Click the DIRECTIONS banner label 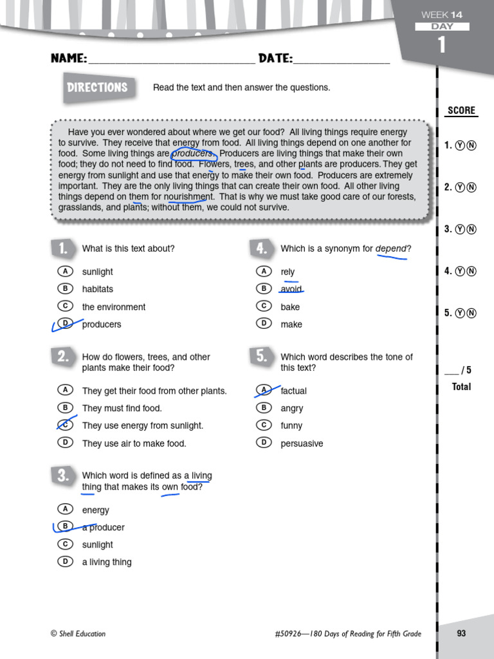pos(98,88)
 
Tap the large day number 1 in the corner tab pos(441,45)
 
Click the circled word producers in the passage pos(192,154)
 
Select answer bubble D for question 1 pos(64,323)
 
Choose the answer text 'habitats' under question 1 pos(97,290)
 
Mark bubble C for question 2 pos(64,425)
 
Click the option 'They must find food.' pos(122,408)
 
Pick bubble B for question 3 pos(64,526)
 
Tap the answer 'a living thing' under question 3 pos(106,562)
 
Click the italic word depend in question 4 pos(390,249)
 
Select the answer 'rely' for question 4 pos(288,272)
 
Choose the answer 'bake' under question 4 pos(290,307)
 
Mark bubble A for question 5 pos(263,389)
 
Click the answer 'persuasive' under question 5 pos(302,443)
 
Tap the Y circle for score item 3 pos(460,229)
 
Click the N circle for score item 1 pos(471,145)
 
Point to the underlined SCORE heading pos(461,111)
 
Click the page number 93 pos(461,633)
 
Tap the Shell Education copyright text pos(78,634)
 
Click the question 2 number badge pos(62,357)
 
